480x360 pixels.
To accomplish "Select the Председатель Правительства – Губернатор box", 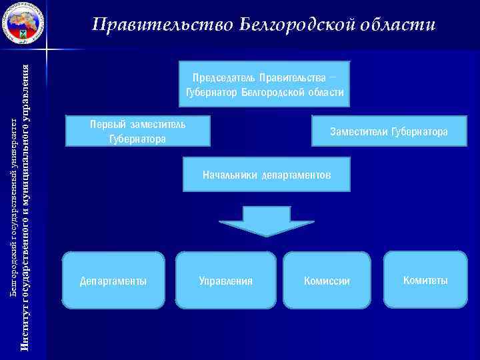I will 265,85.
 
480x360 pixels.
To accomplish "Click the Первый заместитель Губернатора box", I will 138,131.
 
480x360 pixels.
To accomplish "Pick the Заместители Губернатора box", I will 389,131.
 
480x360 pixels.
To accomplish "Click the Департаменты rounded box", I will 113,281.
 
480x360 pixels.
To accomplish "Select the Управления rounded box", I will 226,281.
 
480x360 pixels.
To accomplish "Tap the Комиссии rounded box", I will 327,281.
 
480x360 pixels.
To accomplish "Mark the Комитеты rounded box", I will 425,279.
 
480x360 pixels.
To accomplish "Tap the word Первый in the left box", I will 105,124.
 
